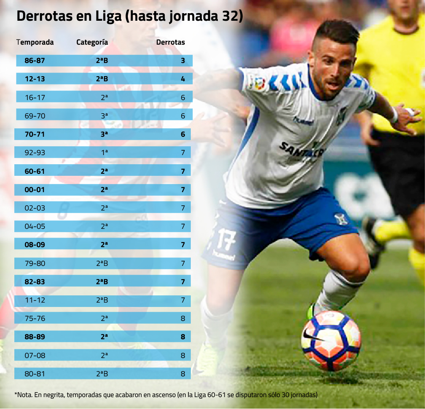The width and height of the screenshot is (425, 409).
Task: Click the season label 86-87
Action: click(35, 61)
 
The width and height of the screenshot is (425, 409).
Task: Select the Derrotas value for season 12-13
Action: click(183, 79)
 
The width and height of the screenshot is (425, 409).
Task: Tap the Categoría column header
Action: click(92, 42)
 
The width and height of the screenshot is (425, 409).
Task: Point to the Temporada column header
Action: click(35, 42)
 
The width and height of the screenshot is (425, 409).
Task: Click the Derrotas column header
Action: click(170, 42)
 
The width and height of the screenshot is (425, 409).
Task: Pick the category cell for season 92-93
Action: click(104, 153)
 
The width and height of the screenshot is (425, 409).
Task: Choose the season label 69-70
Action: click(35, 116)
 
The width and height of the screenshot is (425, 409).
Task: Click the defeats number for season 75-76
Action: click(183, 319)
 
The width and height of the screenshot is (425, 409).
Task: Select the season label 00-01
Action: click(35, 190)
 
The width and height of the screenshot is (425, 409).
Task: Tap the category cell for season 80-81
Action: click(102, 374)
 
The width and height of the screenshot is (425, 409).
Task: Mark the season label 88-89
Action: click(35, 337)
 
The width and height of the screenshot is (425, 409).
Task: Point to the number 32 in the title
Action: click(233, 17)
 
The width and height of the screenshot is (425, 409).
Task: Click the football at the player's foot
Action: click(331, 341)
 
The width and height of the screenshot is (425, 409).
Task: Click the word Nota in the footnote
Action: click(25, 395)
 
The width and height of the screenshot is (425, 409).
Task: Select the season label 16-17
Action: click(35, 97)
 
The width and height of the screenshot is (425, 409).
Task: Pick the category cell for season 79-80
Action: click(102, 263)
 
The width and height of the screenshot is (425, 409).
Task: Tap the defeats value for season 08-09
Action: click(183, 244)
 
